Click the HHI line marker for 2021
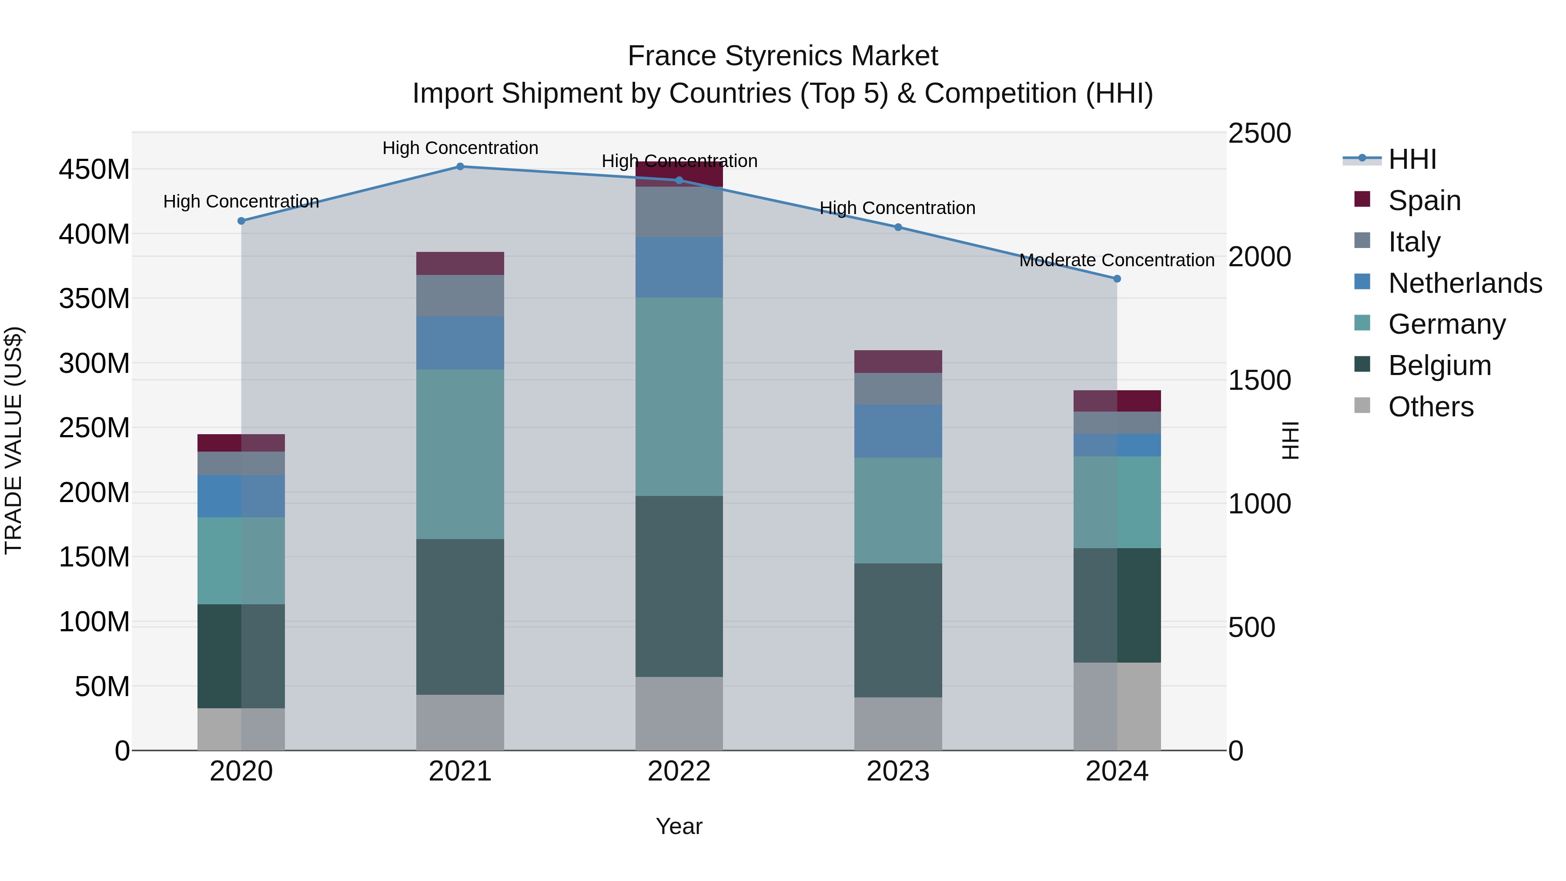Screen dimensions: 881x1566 [460, 167]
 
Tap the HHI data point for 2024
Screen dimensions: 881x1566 [1117, 279]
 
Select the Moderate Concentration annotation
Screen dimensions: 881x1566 [1117, 260]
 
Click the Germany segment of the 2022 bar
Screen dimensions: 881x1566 [679, 396]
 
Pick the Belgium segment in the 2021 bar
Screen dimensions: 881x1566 [460, 616]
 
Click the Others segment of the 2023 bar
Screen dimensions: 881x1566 [898, 724]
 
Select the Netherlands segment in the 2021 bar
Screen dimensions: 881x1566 [460, 343]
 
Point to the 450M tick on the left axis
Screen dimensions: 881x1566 [94, 170]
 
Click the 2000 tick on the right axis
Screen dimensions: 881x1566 [1259, 257]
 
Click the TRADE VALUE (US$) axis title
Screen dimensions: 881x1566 [13, 441]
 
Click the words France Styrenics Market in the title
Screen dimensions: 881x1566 [783, 56]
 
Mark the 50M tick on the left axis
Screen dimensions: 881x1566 [102, 687]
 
